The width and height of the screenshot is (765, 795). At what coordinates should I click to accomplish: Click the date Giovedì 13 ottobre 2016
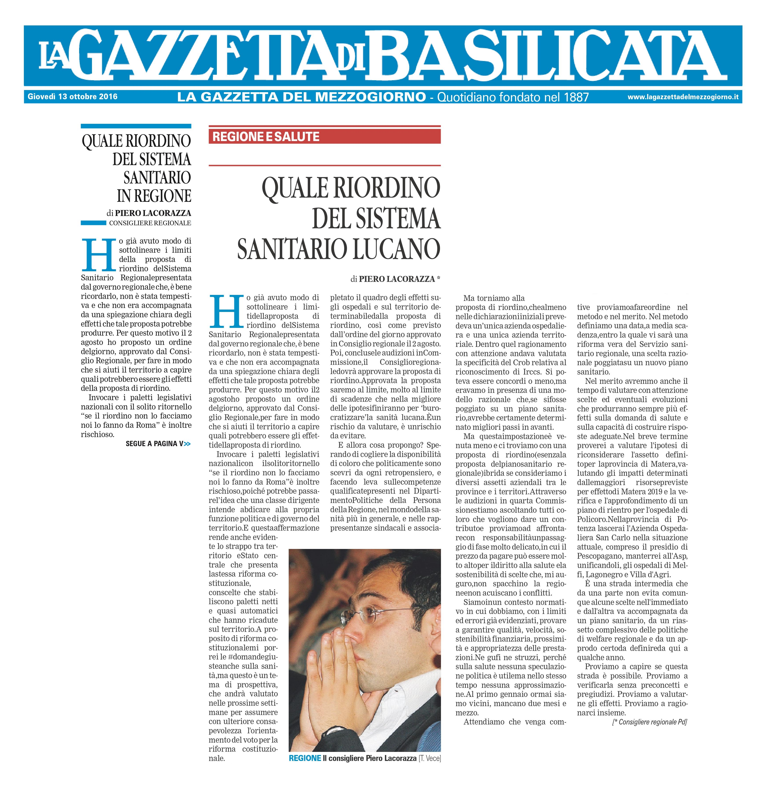[x=72, y=97]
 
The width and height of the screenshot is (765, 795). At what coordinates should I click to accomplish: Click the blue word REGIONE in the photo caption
[x=305, y=759]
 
